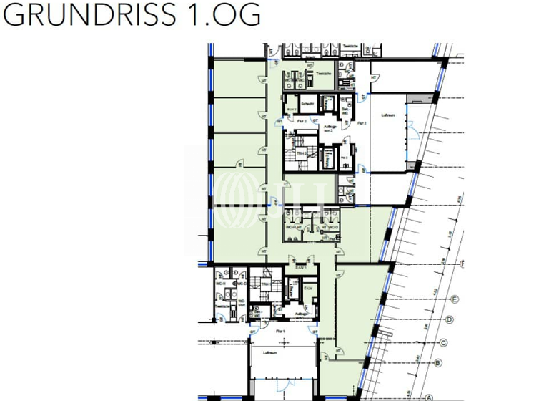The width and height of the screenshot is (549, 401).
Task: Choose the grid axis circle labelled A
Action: (x=430, y=397)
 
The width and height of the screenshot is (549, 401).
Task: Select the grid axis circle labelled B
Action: (x=437, y=363)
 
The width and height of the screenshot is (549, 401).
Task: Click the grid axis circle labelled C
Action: (x=444, y=342)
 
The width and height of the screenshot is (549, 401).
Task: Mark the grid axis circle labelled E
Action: (x=456, y=299)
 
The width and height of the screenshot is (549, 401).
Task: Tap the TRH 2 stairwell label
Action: (x=301, y=153)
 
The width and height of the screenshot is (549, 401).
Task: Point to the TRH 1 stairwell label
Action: (x=264, y=284)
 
